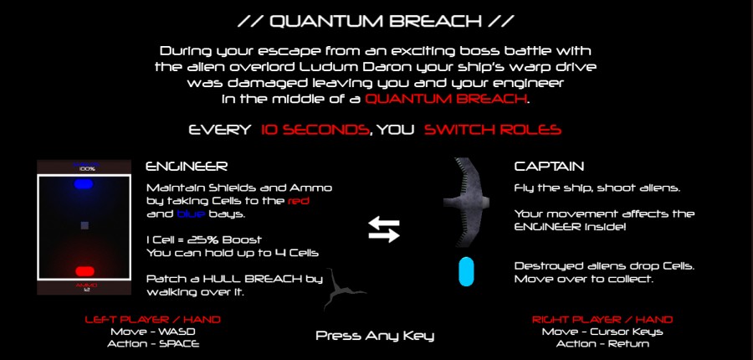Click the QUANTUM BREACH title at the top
pos(376,21)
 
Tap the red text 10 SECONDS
pos(315,130)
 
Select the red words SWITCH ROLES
pos(493,130)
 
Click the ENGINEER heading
pos(187,167)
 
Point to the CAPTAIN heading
pos(549,167)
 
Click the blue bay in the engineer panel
pos(84,184)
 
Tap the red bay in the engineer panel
pos(85,271)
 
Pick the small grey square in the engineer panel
pos(85,225)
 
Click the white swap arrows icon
pos(384,229)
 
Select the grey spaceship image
pos(465,202)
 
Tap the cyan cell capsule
pos(466,271)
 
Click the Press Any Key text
pos(375,336)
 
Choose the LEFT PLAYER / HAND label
pos(153,320)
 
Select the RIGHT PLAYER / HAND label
pos(602,320)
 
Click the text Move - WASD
pos(153,332)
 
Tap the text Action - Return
pos(602,343)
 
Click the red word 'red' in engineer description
pos(298,201)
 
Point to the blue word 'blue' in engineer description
pos(191,213)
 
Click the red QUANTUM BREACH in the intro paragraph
pos(445,100)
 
